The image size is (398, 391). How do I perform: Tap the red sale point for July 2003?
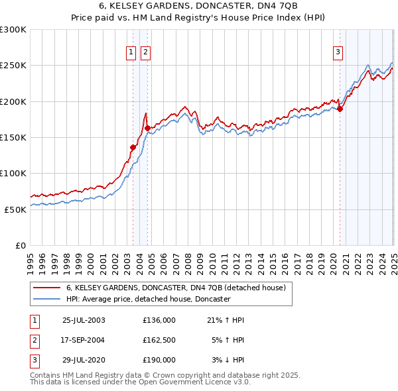point(133,148)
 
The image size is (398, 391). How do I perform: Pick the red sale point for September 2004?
point(147,129)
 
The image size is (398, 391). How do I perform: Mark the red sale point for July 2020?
point(340,109)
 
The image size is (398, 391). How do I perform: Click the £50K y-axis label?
point(16,209)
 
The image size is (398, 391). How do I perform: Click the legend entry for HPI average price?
point(147,300)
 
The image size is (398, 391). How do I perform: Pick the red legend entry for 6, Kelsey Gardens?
point(175,288)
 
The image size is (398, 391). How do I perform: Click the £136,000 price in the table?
point(159,320)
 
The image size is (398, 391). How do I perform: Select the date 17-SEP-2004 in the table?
point(83,340)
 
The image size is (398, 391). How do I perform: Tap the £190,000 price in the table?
point(159,360)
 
